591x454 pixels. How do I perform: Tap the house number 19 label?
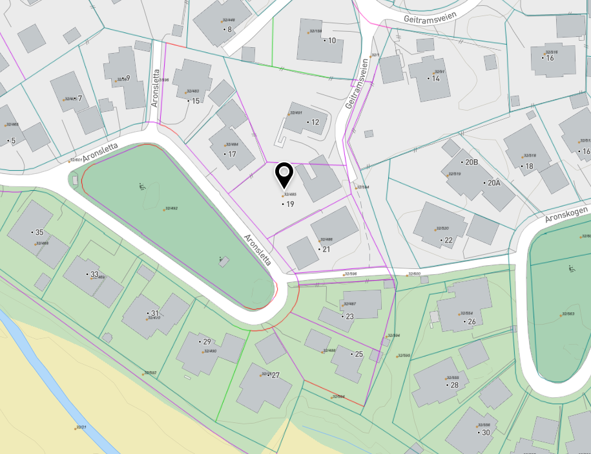click(289, 204)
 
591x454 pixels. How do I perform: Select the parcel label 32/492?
click(171, 209)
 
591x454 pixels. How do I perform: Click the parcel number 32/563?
click(568, 314)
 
